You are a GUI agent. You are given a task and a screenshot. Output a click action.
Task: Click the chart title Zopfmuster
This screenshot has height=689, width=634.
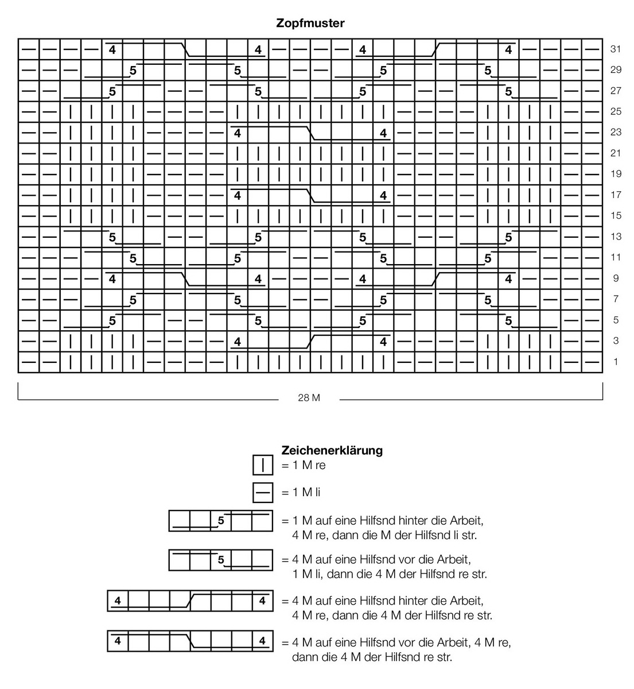[310, 24]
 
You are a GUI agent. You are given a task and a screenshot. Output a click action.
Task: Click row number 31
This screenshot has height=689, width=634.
[616, 49]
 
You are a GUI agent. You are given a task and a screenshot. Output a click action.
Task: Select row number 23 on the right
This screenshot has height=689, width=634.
[616, 132]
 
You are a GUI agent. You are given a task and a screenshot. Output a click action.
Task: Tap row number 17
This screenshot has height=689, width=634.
[616, 195]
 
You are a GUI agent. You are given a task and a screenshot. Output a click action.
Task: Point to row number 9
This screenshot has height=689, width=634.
[616, 278]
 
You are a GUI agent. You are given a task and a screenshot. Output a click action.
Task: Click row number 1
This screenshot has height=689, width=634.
[616, 362]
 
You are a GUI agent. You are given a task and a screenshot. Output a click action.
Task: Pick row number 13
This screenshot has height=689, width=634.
[616, 237]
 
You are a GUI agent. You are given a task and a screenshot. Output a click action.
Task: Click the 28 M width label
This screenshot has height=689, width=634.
[309, 398]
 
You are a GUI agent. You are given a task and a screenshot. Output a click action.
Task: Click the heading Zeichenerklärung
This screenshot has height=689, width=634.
[332, 450]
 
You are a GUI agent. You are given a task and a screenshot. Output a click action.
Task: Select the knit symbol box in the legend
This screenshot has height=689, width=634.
[263, 465]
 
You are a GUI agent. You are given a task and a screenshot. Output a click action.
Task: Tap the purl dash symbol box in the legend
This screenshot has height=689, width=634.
[263, 492]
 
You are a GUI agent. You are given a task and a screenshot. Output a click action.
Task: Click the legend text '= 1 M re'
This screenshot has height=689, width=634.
[303, 465]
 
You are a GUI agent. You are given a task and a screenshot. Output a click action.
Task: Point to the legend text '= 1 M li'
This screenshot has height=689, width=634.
[301, 492]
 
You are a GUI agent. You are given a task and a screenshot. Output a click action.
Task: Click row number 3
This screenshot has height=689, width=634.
[616, 341]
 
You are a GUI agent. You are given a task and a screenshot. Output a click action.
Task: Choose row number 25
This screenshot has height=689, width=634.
[616, 111]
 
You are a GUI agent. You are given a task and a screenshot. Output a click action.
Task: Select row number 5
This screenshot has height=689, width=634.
[616, 320]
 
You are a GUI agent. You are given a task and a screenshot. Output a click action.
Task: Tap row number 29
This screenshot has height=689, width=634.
[616, 70]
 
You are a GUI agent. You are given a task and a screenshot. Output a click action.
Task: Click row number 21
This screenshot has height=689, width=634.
[616, 153]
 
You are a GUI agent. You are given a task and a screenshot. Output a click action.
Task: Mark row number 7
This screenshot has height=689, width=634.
[616, 299]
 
